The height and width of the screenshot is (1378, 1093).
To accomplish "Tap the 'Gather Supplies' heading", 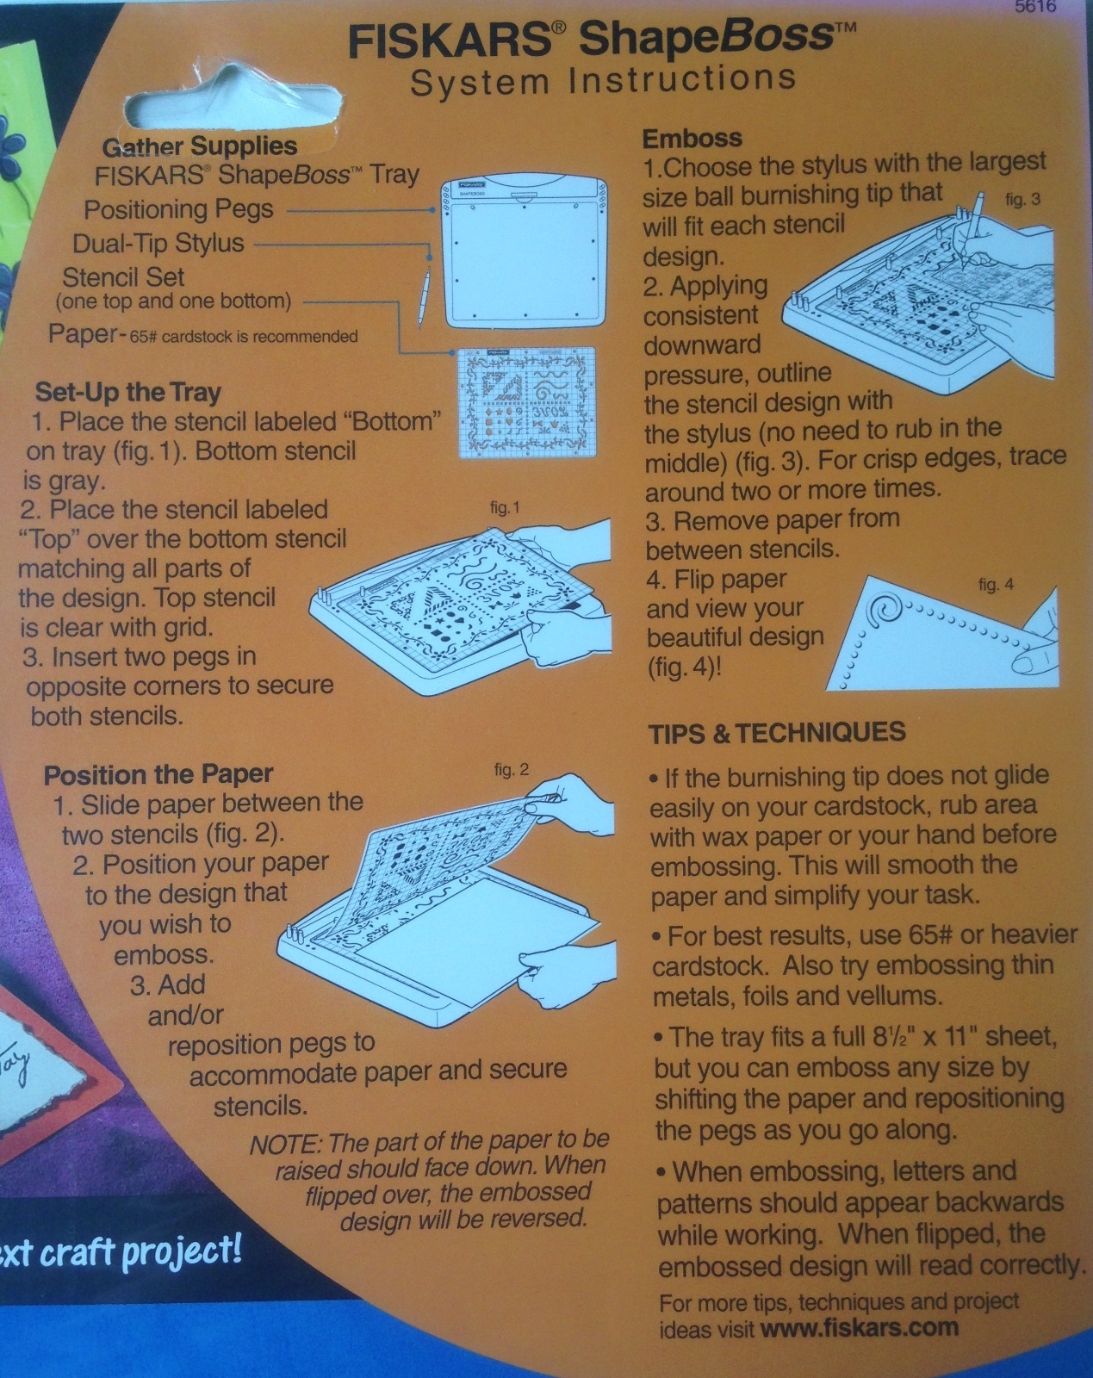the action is coord(200,146).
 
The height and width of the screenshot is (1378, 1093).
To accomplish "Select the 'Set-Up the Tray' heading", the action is coord(128,392).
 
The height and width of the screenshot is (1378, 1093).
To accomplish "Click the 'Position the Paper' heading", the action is coord(158,775).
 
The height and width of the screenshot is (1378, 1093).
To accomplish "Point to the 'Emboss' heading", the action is coord(692,139).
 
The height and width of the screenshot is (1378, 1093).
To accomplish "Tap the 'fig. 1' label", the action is coord(505,508).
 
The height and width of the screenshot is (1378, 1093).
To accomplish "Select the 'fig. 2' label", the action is coord(512,770).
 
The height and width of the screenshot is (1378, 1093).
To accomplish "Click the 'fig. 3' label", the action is coord(1022,200).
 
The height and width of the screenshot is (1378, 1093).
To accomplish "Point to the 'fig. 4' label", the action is coord(996,584).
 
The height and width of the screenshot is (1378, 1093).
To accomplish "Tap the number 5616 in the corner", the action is coord(1034,7).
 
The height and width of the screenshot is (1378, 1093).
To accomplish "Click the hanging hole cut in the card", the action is coord(233,102).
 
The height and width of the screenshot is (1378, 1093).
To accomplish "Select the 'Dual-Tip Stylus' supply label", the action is coord(158,244).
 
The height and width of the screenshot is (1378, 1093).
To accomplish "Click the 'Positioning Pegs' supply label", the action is coord(178,209).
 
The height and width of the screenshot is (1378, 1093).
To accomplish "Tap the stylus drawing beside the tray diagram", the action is coord(424,297).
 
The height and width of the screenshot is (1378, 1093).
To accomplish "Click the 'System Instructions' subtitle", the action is coord(603,81).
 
